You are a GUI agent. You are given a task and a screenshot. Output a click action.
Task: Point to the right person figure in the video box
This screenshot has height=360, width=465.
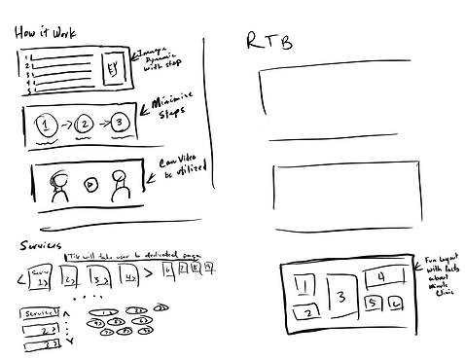click(x=120, y=185)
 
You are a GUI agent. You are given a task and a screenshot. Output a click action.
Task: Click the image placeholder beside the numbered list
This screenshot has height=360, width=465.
click(x=114, y=68)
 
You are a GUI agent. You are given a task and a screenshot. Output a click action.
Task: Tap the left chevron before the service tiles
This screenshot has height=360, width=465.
click(x=19, y=282)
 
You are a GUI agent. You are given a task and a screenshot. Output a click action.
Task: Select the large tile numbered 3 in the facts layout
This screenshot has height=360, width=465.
click(x=339, y=298)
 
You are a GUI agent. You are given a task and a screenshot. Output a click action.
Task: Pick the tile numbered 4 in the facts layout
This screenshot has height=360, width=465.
click(x=380, y=279)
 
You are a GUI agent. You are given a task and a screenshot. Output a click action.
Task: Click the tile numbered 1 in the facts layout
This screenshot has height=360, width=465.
click(x=304, y=284)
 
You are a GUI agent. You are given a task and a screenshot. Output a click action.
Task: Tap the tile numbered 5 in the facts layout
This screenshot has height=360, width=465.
click(x=371, y=304)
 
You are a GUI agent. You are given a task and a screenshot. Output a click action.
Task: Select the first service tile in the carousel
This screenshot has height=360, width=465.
click(x=41, y=280)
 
